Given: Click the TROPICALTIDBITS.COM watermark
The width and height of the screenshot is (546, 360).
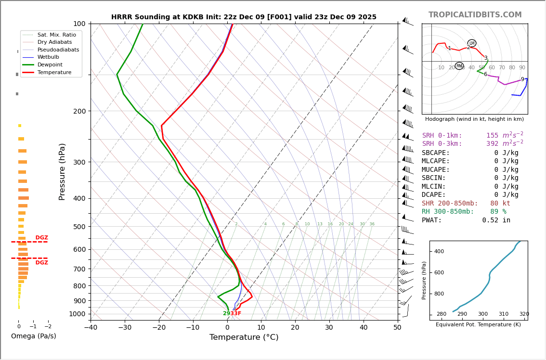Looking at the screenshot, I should pyautogui.click(x=475, y=15).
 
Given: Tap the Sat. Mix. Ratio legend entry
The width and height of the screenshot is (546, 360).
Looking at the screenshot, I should pyautogui.click(x=56, y=35).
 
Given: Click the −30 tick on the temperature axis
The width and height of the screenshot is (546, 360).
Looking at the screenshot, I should pyautogui.click(x=125, y=328).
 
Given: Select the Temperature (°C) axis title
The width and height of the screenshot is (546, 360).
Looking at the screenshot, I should pyautogui.click(x=244, y=337).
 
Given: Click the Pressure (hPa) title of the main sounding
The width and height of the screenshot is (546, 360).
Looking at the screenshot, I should pyautogui.click(x=62, y=171).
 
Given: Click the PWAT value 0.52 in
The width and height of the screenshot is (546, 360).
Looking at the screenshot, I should pyautogui.click(x=496, y=220).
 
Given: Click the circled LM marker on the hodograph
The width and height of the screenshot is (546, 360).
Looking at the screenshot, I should pyautogui.click(x=471, y=43).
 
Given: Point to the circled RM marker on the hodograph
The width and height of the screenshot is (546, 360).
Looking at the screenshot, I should pyautogui.click(x=459, y=66).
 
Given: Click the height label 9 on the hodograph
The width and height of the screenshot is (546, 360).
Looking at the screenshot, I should pyautogui.click(x=522, y=79).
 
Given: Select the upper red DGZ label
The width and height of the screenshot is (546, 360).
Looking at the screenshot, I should pyautogui.click(x=41, y=238).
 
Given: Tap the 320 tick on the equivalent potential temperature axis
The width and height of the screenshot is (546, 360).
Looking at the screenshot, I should pyautogui.click(x=524, y=314).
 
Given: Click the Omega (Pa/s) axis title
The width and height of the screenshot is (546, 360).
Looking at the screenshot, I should pyautogui.click(x=33, y=336).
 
